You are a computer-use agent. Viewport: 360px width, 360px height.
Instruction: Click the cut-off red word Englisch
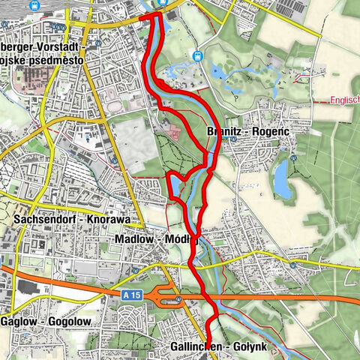344,99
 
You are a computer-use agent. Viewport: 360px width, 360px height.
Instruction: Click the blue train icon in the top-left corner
34,5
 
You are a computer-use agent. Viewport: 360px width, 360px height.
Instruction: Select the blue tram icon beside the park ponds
197,55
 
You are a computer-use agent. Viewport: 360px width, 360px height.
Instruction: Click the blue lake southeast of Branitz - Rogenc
282,180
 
